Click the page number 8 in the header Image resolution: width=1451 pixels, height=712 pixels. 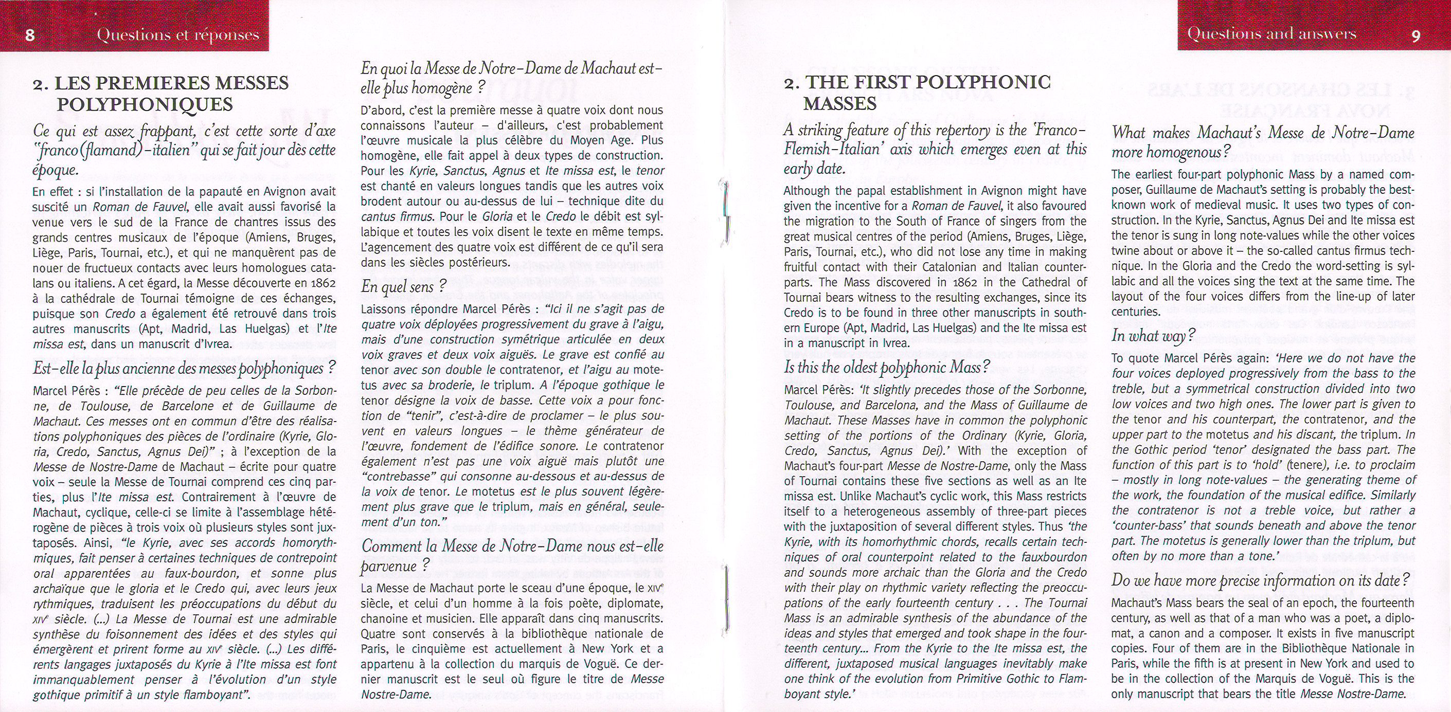click(x=30, y=35)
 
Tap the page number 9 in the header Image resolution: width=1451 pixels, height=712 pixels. click(x=1416, y=35)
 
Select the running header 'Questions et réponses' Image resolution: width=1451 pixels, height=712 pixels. click(x=177, y=35)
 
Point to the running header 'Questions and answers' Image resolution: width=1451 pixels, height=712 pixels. click(x=1271, y=34)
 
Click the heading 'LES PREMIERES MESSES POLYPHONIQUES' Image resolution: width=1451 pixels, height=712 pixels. click(x=160, y=94)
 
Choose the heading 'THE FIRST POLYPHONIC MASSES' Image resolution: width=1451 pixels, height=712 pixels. click(x=917, y=93)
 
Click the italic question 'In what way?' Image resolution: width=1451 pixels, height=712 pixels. click(x=1153, y=336)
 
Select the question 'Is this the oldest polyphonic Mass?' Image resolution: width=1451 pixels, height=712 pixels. click(x=887, y=368)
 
